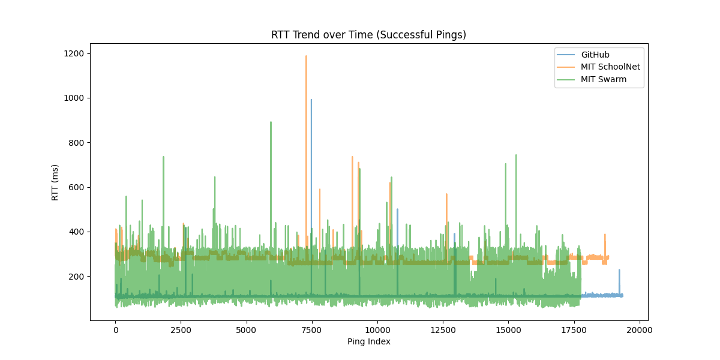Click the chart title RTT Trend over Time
[x=368, y=35]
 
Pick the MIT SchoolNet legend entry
[x=610, y=67]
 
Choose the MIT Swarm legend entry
[x=604, y=79]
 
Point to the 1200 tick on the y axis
[x=75, y=53]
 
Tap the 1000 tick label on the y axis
[x=75, y=98]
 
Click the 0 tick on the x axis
[x=115, y=329]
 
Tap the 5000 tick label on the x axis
[x=246, y=329]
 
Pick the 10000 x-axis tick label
[x=377, y=329]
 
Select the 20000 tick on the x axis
[x=640, y=329]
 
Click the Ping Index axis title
[x=368, y=341]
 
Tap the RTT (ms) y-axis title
[x=55, y=182]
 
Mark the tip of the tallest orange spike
[x=306, y=56]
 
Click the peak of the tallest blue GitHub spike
[x=311, y=100]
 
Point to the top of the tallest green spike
[x=271, y=122]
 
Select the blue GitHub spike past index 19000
[x=619, y=270]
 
